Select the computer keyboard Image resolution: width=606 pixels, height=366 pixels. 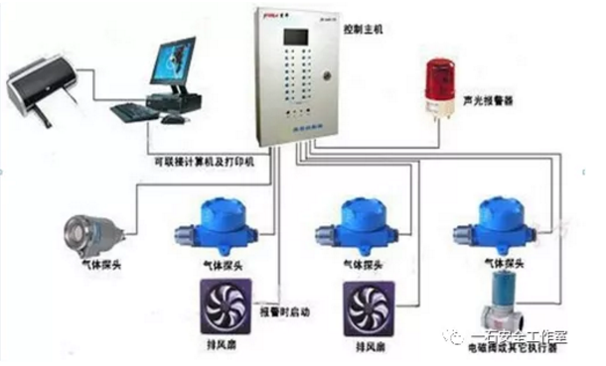pos(135,112)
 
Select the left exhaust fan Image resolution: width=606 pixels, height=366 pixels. pos(223,303)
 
